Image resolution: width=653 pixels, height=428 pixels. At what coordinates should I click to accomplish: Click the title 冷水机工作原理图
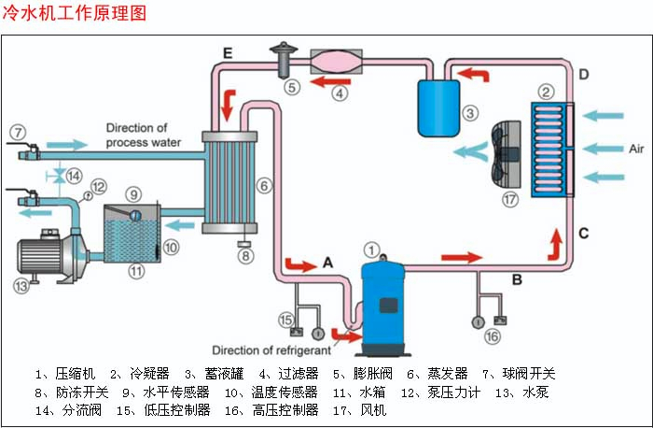[76, 14]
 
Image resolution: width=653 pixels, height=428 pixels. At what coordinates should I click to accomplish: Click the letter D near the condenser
[583, 74]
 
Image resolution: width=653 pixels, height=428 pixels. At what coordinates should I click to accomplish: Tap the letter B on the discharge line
[517, 278]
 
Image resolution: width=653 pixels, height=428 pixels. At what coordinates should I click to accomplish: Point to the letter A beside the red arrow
[327, 264]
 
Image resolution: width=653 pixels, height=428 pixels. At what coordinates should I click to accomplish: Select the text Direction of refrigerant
[271, 350]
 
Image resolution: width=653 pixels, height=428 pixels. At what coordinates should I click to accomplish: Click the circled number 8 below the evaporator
[245, 254]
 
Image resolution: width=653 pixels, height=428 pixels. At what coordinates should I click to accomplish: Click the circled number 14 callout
[74, 175]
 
